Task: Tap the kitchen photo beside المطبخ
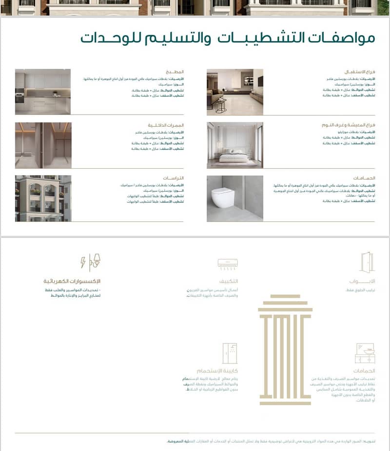(43, 92)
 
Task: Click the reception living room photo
(234, 92)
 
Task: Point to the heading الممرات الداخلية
(166, 125)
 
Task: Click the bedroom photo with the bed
(234, 145)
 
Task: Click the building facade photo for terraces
(43, 198)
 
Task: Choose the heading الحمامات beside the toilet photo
(364, 178)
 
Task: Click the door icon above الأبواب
(366, 262)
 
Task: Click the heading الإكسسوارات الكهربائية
(72, 281)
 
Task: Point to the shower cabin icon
(230, 353)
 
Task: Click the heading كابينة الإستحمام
(217, 371)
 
